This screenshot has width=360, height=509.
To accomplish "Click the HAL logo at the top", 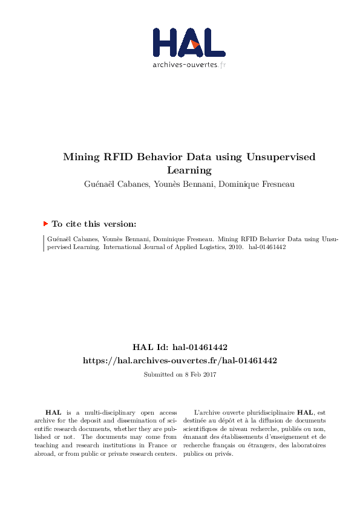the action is pyautogui.click(x=189, y=42).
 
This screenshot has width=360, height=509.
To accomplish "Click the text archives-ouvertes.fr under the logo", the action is pyautogui.click(x=189, y=65).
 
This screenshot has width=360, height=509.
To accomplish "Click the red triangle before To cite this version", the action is pyautogui.click(x=45, y=223).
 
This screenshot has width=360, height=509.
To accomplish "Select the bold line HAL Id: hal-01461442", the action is pyautogui.click(x=180, y=347).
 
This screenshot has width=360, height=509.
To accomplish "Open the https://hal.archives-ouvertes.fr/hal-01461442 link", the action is pyautogui.click(x=180, y=360).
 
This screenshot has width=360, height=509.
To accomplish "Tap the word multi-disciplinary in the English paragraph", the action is pyautogui.click(x=101, y=411).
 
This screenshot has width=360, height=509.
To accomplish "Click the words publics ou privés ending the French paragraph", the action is pyautogui.click(x=211, y=453).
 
